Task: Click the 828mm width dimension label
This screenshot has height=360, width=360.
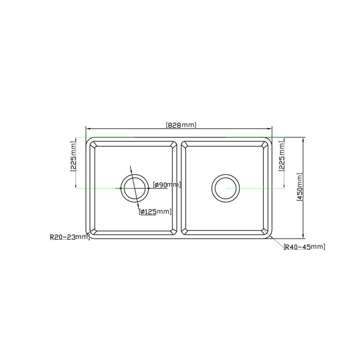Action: click(x=181, y=125)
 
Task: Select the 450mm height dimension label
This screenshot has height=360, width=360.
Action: click(x=300, y=188)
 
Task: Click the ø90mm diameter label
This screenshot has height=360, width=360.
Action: click(x=167, y=185)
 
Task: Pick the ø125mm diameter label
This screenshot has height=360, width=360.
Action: click(x=155, y=211)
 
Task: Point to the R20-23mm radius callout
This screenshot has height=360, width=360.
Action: click(x=69, y=237)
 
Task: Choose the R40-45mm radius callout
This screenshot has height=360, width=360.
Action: click(x=304, y=247)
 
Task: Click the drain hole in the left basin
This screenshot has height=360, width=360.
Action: click(x=135, y=188)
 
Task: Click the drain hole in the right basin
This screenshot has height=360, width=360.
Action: click(x=226, y=188)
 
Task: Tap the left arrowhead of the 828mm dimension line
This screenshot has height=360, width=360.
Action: click(x=88, y=129)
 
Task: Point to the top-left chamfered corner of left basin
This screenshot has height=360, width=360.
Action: click(x=94, y=145)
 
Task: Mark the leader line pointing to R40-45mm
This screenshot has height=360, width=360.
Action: click(x=277, y=243)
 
